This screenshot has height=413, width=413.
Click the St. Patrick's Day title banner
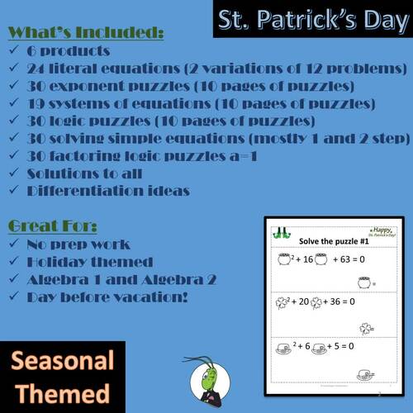pyautogui.click(x=312, y=20)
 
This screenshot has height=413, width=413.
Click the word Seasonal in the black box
pyautogui.click(x=62, y=362)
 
